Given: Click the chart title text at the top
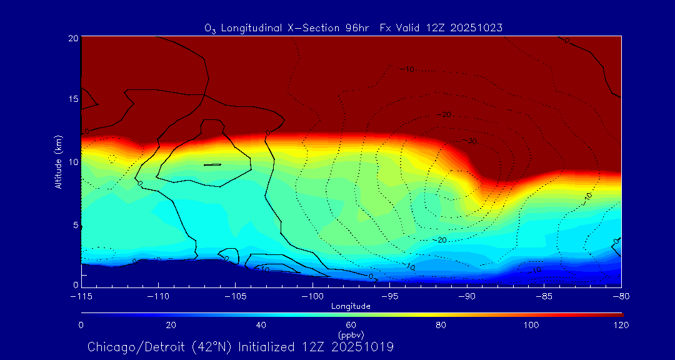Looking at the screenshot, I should coord(353,27).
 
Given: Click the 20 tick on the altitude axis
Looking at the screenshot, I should coord(72,38).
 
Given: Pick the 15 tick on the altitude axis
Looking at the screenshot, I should coord(72,99).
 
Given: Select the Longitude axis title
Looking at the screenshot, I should coord(351,306).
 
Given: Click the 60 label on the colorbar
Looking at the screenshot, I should coord(351,325).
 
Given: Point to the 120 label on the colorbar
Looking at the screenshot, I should coord(621,325).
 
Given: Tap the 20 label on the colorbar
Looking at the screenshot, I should coord(171,325).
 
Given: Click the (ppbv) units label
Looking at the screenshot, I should coord(351,334).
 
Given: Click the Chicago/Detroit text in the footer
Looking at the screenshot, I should coord(136,346).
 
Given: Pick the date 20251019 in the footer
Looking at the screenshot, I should coord(362,346).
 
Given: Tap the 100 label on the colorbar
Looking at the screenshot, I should coord(531,325).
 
